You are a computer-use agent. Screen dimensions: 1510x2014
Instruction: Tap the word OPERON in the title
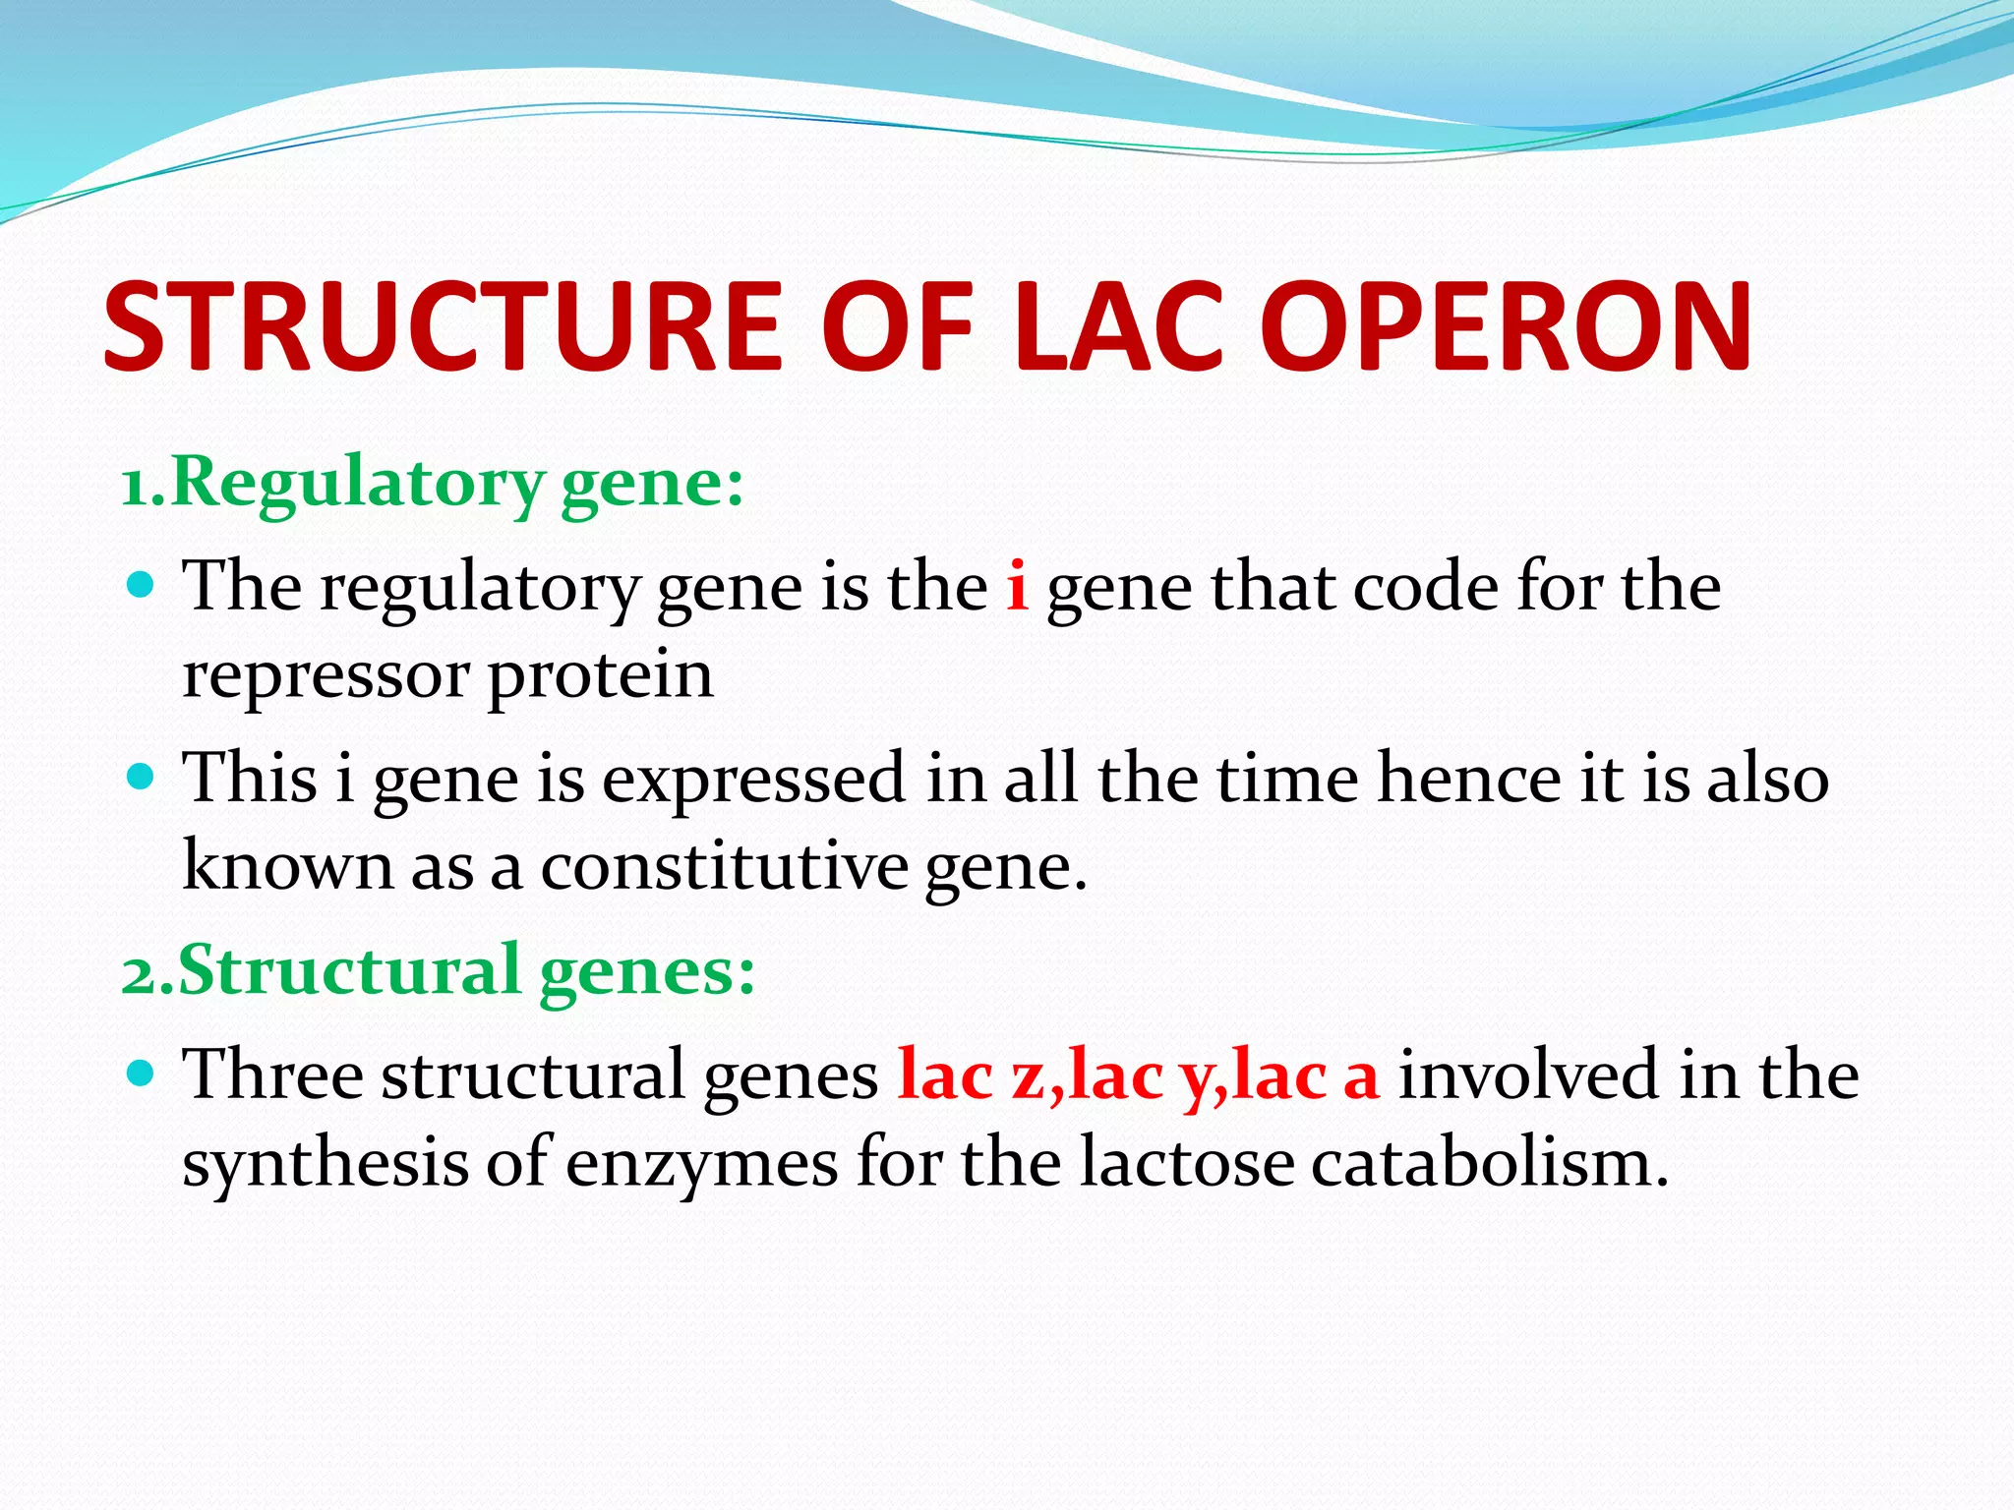(x=1505, y=327)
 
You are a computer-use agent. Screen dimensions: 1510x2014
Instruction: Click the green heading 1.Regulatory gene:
(x=433, y=484)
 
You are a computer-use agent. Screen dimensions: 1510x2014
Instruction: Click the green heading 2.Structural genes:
(x=439, y=971)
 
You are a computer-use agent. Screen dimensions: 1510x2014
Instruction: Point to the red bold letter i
(x=1017, y=586)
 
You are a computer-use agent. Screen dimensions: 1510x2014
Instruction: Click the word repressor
(x=325, y=676)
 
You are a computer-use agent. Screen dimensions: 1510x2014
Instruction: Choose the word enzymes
(x=701, y=1164)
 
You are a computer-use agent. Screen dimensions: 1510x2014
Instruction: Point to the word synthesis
(x=325, y=1164)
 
